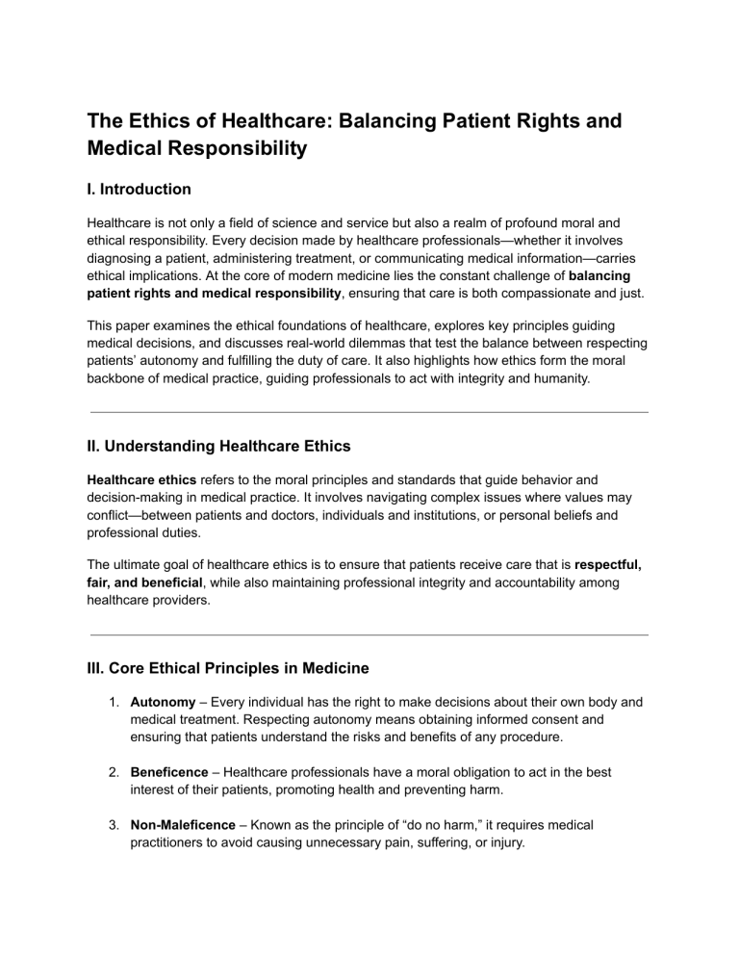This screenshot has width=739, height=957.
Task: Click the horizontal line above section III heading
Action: [369, 635]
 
